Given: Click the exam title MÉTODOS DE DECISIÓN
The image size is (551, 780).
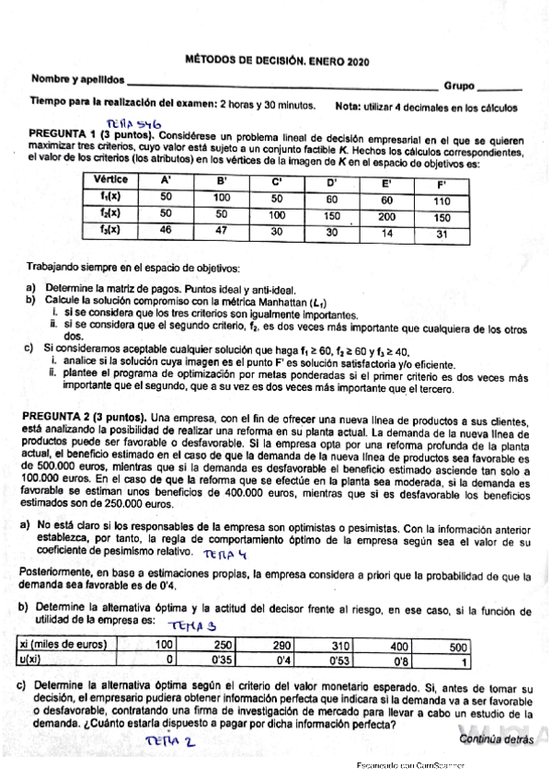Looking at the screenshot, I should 246,61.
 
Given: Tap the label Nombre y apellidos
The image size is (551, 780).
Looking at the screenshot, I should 78,81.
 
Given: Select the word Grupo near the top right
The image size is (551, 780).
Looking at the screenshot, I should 459,86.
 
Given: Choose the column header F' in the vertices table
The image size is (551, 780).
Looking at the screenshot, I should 441,183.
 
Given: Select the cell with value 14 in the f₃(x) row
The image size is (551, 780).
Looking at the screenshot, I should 386,234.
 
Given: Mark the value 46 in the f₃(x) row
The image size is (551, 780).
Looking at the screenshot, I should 166,230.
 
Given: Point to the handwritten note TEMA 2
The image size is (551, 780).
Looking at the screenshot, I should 173,739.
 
